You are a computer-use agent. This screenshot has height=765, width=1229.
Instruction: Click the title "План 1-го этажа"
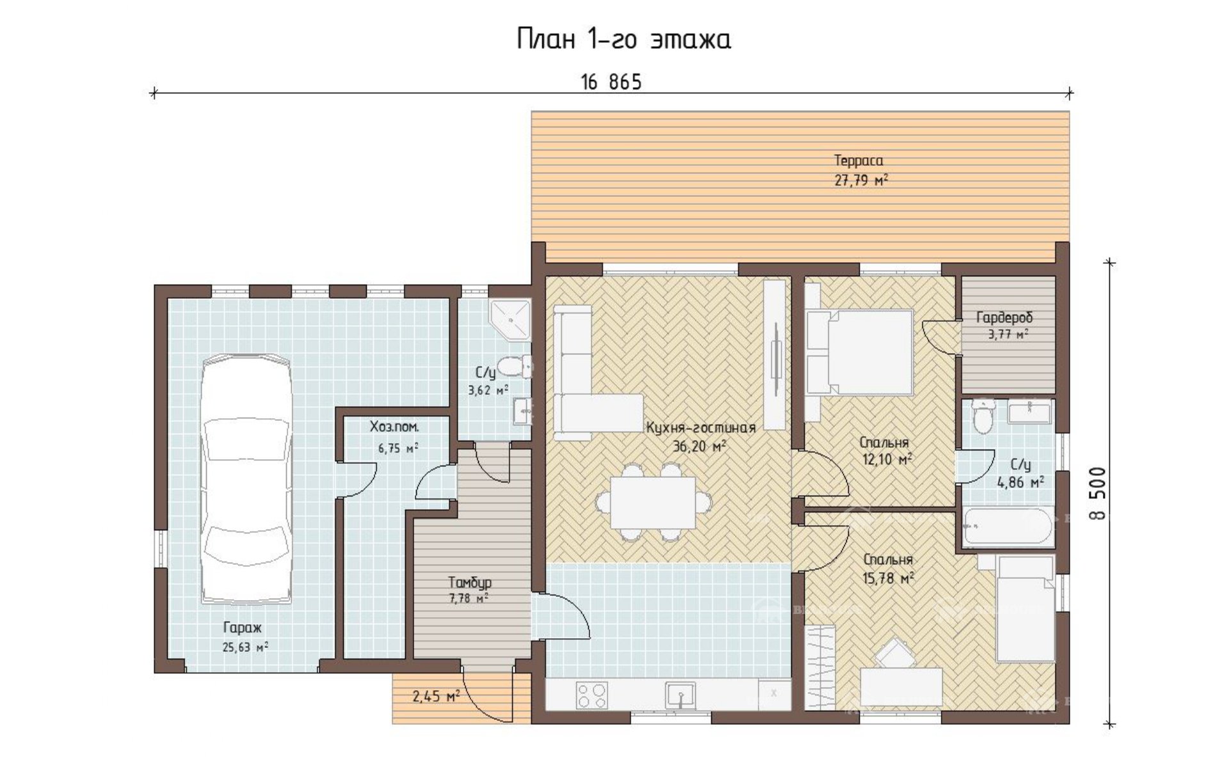tap(623, 40)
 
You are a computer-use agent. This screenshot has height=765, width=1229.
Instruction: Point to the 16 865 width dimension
tap(611, 83)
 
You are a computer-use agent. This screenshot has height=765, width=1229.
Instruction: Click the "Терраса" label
tap(858, 161)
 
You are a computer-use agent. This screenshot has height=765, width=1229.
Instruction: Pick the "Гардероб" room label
tap(1004, 318)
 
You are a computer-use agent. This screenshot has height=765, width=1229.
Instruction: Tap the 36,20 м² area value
tap(699, 446)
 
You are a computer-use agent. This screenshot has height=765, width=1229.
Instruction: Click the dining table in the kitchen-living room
tap(653, 502)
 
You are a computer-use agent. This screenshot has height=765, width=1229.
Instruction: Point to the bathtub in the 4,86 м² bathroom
tap(1008, 526)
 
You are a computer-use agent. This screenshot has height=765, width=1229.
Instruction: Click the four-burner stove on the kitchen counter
tap(591, 695)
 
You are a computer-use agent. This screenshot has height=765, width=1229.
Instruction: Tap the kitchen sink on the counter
tap(680, 695)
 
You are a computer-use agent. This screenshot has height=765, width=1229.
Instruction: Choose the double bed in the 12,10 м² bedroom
tap(859, 352)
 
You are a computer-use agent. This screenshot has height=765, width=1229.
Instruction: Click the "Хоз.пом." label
tap(394, 427)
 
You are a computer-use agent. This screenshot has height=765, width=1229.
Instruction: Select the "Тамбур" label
tap(470, 583)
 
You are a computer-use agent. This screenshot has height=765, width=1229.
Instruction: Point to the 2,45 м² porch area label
tap(436, 696)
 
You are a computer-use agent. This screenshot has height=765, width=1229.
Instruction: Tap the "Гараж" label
tap(242, 628)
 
